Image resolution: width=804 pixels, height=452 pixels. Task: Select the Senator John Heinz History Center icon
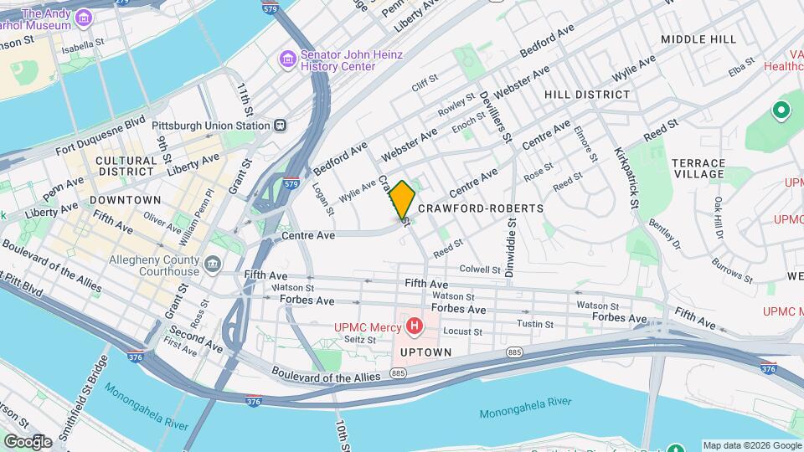click(288, 60)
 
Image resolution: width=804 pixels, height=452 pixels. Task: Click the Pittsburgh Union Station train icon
click(280, 126)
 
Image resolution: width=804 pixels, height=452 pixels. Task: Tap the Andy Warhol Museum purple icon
click(84, 18)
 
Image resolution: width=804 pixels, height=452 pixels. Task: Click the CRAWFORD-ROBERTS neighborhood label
click(480, 208)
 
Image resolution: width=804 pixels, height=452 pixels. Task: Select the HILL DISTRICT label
click(587, 95)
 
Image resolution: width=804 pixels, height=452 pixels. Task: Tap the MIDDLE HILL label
click(698, 39)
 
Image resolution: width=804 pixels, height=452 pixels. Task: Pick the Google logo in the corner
click(28, 441)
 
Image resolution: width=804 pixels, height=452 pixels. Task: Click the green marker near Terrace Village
click(781, 110)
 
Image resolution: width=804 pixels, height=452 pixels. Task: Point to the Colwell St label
click(480, 270)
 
